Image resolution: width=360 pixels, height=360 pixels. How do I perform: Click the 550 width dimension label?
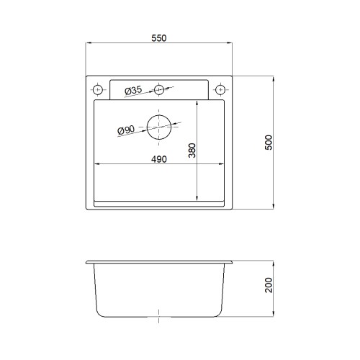159,38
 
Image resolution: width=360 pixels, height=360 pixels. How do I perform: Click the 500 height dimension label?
269,143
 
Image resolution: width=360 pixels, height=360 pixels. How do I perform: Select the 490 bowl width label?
159,159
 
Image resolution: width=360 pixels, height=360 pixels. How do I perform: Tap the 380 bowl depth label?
192,150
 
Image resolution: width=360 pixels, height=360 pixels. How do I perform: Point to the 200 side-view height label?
269,285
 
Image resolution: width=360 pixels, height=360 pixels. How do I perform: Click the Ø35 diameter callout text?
133,91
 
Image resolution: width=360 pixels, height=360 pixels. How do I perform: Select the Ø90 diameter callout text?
126,130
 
